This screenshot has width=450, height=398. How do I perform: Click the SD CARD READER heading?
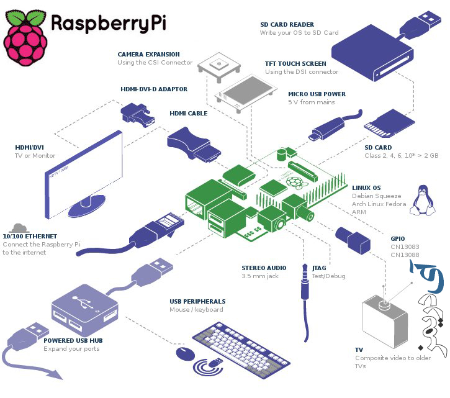287,25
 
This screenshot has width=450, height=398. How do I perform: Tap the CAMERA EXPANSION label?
148,55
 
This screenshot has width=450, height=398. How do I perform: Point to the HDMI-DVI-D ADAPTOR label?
154,89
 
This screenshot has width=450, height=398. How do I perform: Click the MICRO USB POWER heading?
317,94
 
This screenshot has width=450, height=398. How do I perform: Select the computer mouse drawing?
184,354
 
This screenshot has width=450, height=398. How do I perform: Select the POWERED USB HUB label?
73,340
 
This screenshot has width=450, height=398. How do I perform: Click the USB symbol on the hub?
81,303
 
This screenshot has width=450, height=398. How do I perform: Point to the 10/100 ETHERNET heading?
30,237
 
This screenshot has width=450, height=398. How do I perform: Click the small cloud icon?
20,227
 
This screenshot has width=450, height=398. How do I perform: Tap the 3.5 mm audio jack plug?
304,283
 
